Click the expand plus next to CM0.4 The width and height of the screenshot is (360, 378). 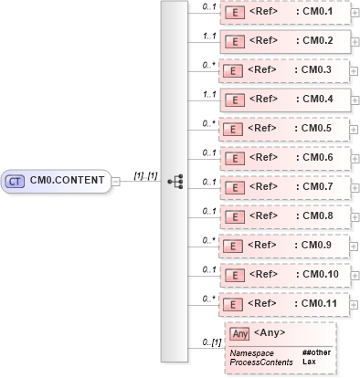(354, 100)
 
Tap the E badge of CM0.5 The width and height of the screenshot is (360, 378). (234, 129)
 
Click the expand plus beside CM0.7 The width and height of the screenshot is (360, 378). (354, 186)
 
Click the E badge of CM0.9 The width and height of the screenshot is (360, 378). (234, 245)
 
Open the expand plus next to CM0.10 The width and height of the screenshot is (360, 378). (354, 273)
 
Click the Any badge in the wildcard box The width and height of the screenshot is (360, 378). (240, 334)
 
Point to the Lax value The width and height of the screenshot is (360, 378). (309, 362)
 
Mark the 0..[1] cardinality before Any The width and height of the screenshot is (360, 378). (211, 342)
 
